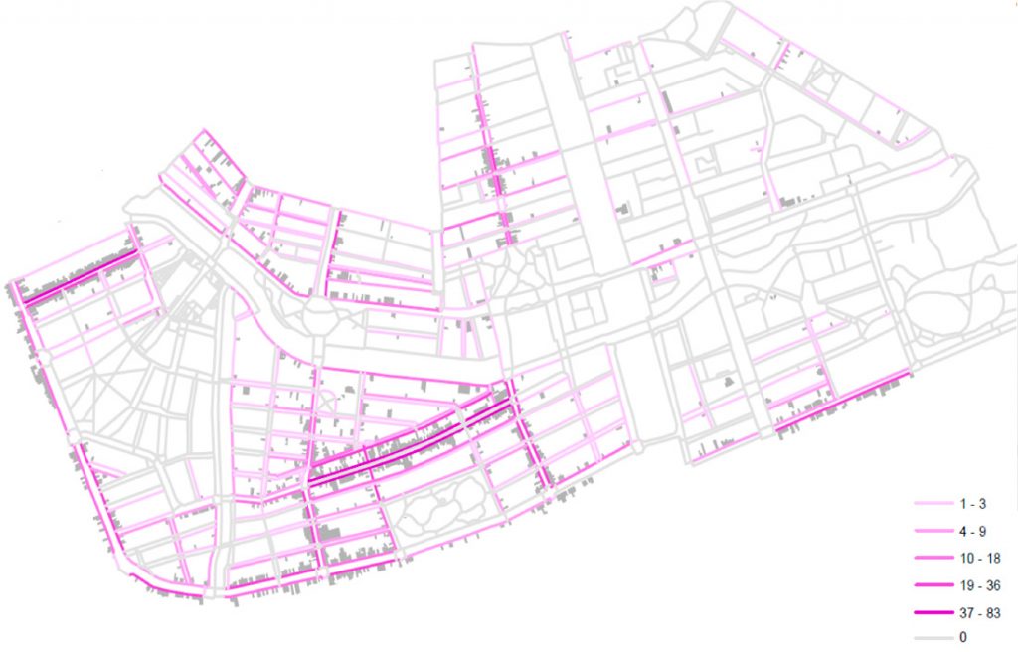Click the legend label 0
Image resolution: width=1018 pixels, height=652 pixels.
click(x=962, y=637)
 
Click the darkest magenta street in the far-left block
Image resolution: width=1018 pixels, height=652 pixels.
click(x=80, y=277)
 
